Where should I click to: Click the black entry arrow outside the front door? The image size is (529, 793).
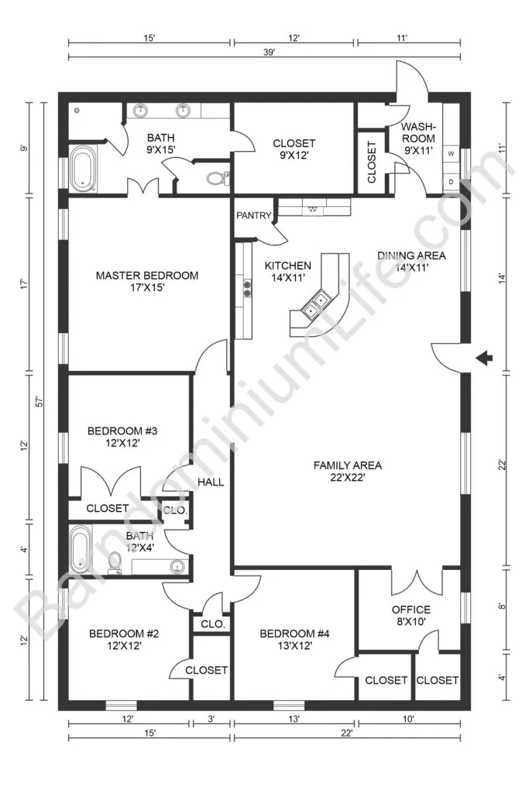point(485,358)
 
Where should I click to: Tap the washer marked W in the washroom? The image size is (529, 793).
point(451,153)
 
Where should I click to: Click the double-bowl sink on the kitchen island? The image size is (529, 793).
point(314,305)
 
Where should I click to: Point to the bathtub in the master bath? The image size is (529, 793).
point(83,168)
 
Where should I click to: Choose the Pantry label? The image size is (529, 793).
point(254,215)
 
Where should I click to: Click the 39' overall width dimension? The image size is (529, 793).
point(269,52)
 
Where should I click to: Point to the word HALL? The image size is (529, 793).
point(211,482)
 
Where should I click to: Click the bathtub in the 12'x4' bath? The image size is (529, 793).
point(81,549)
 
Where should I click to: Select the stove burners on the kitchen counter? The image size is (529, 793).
point(247,288)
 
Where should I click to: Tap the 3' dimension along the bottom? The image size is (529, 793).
point(211,718)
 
